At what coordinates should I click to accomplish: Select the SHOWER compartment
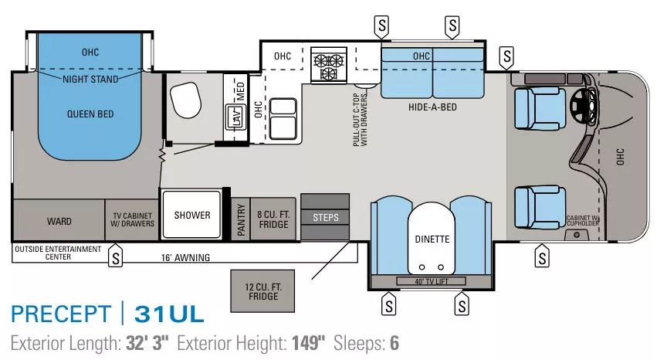point(191,215)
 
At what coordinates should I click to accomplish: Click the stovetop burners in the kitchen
point(328,65)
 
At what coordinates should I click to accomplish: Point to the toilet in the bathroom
point(185,98)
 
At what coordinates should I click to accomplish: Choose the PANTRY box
point(241,219)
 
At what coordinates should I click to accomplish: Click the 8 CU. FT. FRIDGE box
point(273,219)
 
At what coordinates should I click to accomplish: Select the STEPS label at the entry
point(325,218)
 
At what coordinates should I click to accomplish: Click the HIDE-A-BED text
point(432,107)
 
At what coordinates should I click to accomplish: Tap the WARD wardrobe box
point(59,221)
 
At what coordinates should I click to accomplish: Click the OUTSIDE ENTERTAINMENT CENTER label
point(58,253)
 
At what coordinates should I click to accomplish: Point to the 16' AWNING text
point(185,257)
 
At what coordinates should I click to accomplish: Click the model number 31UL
point(169,314)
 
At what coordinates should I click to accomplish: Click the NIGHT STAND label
point(90,80)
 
